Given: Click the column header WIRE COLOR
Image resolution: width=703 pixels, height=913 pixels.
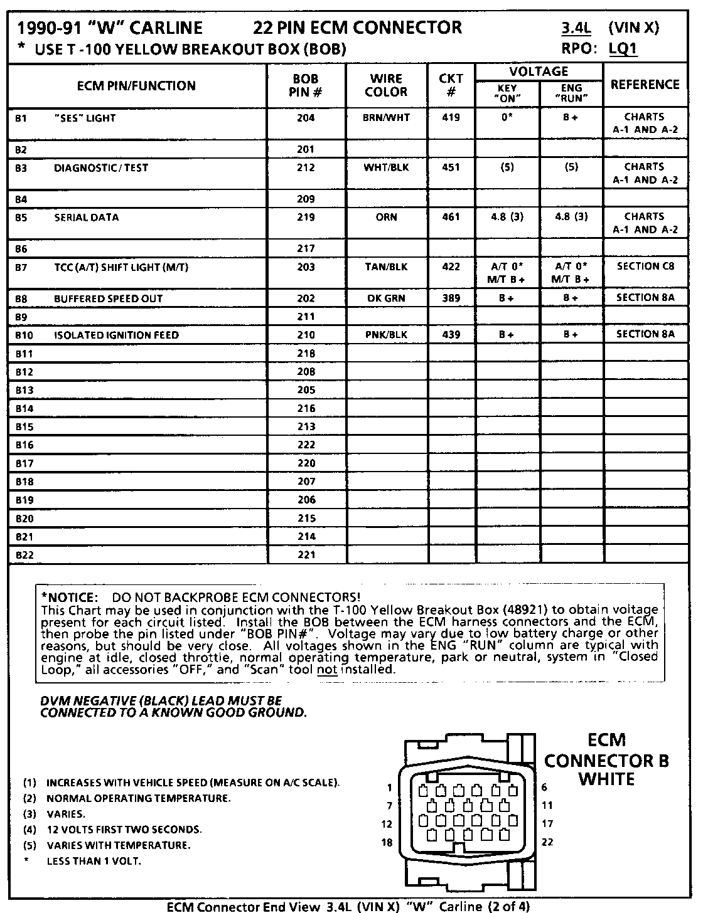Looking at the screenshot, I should pyautogui.click(x=386, y=85).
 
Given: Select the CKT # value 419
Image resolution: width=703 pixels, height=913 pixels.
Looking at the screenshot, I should pyautogui.click(x=451, y=117).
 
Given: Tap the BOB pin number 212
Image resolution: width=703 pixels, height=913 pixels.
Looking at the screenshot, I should pyautogui.click(x=306, y=167).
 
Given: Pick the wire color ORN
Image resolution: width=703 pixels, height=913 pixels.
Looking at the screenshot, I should pyautogui.click(x=386, y=217).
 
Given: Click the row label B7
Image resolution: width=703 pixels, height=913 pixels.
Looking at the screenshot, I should pyautogui.click(x=21, y=267).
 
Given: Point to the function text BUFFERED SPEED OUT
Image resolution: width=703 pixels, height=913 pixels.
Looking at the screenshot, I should pyautogui.click(x=108, y=298).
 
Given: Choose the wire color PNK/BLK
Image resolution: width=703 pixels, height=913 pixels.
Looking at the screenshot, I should pyautogui.click(x=386, y=335).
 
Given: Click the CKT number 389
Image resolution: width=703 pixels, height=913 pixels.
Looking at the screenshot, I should pyautogui.click(x=451, y=298).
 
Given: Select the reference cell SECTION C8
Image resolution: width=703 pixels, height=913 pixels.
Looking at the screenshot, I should pyautogui.click(x=645, y=266).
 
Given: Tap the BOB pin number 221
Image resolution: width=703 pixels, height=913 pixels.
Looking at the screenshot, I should pyautogui.click(x=306, y=555).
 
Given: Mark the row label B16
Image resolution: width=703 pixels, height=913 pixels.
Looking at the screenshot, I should pyautogui.click(x=24, y=445).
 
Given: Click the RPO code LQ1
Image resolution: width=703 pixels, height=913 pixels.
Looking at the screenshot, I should pyautogui.click(x=623, y=49).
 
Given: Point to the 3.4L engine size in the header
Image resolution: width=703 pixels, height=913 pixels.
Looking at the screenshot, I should pyautogui.click(x=576, y=28).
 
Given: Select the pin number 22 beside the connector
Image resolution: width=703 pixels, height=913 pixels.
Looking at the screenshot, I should pyautogui.click(x=547, y=842).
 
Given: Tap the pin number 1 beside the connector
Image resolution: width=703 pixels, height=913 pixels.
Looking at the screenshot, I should pyautogui.click(x=390, y=788).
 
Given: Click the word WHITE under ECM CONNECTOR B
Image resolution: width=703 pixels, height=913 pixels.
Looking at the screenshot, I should pyautogui.click(x=606, y=779).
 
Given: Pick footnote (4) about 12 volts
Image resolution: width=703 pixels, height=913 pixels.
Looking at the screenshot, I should pyautogui.click(x=113, y=830).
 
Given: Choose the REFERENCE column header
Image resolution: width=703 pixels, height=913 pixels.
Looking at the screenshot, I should pyautogui.click(x=645, y=85).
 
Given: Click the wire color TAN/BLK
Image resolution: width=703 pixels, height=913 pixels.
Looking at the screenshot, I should pyautogui.click(x=386, y=267).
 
